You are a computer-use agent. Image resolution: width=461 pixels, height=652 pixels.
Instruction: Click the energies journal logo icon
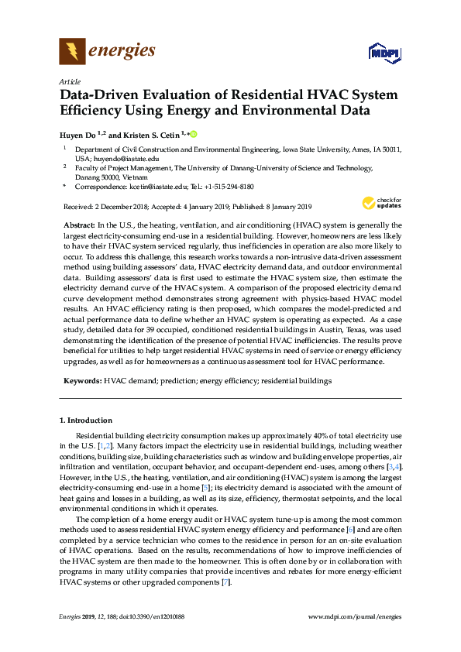(x=72, y=52)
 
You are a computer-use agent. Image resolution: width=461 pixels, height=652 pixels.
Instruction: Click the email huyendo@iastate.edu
(x=110, y=158)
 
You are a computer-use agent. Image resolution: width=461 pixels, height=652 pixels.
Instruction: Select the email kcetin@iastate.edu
(x=160, y=187)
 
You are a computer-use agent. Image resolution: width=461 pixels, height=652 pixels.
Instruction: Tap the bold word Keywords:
(x=81, y=381)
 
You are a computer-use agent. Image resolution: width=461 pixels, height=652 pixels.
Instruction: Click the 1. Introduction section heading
(x=86, y=420)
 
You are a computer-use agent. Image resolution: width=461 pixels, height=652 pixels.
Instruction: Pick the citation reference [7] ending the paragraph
(x=225, y=582)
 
